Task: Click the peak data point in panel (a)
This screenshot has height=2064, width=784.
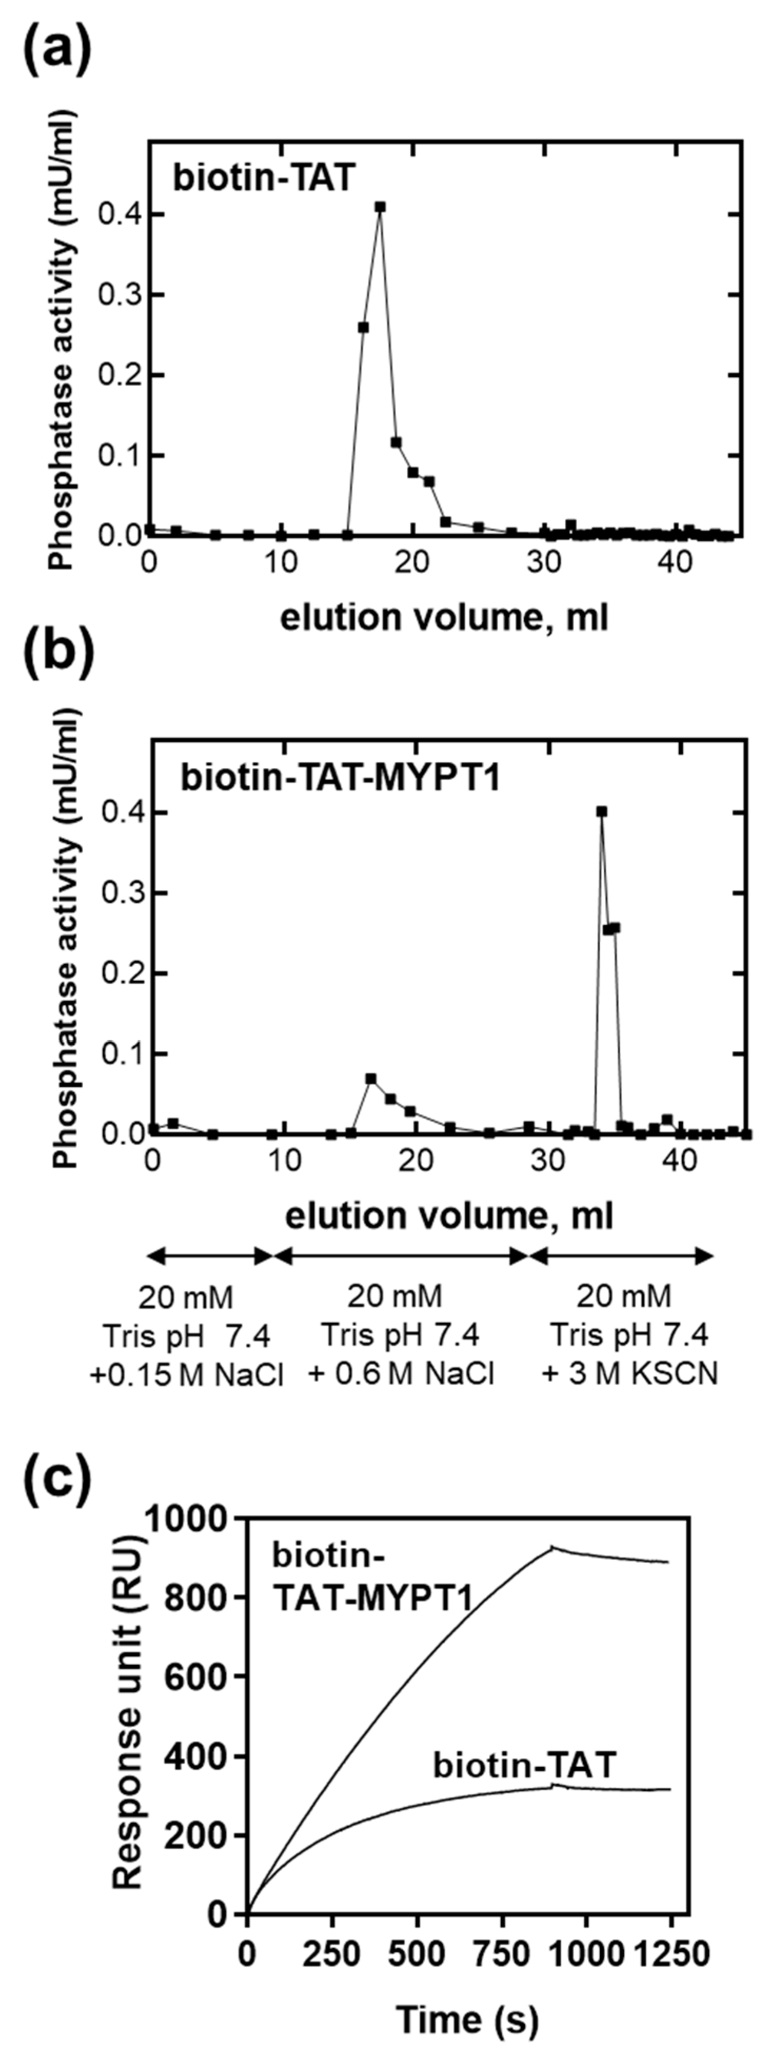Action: tap(380, 207)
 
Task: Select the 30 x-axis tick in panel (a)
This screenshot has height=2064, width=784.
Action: tap(545, 563)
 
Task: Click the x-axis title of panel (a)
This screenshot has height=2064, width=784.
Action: tap(444, 618)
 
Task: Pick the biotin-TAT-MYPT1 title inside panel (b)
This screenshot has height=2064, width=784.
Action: tap(340, 777)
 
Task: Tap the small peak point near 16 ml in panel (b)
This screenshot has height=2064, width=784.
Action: tap(370, 1079)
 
